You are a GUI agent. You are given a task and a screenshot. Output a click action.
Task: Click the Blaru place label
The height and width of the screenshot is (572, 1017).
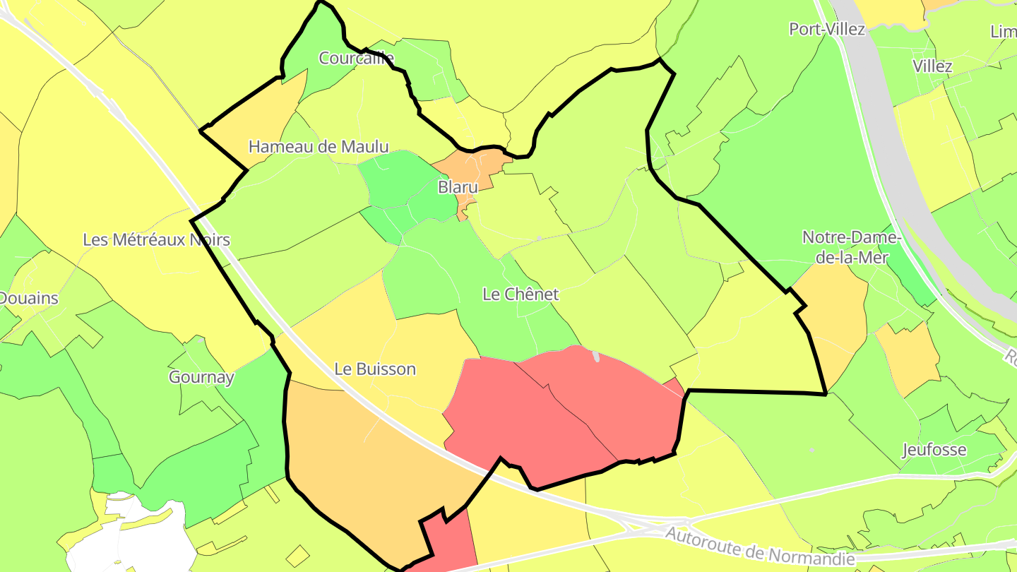tap(458, 188)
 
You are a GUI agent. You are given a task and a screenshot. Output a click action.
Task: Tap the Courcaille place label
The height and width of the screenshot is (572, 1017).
tap(356, 58)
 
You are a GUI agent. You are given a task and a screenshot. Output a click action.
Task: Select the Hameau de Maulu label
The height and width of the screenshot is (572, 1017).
tap(319, 147)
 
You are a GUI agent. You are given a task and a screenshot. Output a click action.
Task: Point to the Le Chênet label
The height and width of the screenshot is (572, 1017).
tap(521, 294)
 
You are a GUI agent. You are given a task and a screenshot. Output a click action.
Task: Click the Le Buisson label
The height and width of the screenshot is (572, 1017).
tap(375, 369)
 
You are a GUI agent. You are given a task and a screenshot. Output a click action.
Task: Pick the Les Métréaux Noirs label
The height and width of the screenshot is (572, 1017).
tap(156, 239)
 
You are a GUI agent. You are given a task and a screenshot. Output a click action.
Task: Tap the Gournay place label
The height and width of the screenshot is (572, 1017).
tap(201, 377)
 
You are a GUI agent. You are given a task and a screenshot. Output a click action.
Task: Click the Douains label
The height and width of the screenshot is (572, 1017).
tap(28, 298)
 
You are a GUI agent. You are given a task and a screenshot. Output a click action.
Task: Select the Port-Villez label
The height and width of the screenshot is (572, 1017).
tap(827, 29)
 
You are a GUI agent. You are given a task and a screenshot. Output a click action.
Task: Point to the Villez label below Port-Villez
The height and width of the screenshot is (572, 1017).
tap(932, 66)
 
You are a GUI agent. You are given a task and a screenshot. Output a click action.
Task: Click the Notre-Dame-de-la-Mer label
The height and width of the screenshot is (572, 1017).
tap(851, 247)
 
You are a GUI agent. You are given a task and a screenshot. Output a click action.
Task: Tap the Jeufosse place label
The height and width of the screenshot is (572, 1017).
tap(934, 450)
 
